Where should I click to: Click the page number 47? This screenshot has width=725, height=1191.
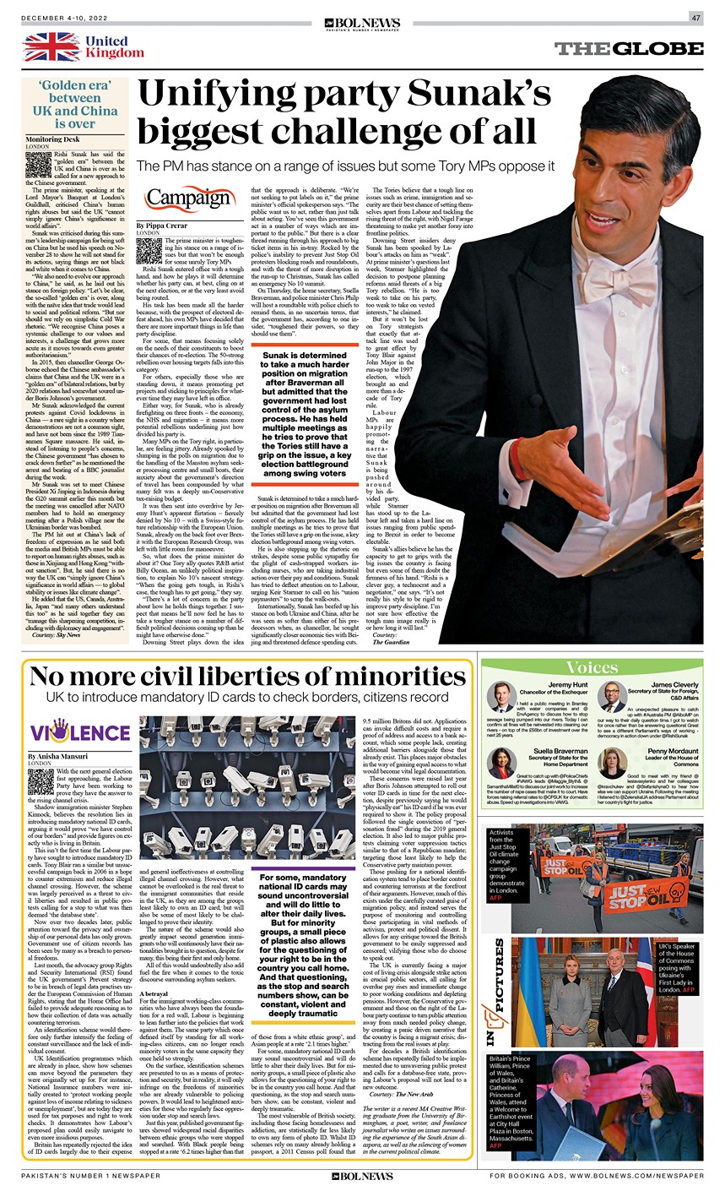[696, 18]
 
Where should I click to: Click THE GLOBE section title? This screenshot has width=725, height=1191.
[629, 48]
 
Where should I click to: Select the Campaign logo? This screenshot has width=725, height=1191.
[190, 198]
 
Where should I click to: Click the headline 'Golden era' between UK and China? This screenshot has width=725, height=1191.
[75, 106]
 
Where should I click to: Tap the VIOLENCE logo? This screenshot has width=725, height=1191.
[79, 731]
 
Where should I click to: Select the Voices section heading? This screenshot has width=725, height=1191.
[591, 667]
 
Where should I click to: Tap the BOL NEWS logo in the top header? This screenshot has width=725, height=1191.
[363, 23]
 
